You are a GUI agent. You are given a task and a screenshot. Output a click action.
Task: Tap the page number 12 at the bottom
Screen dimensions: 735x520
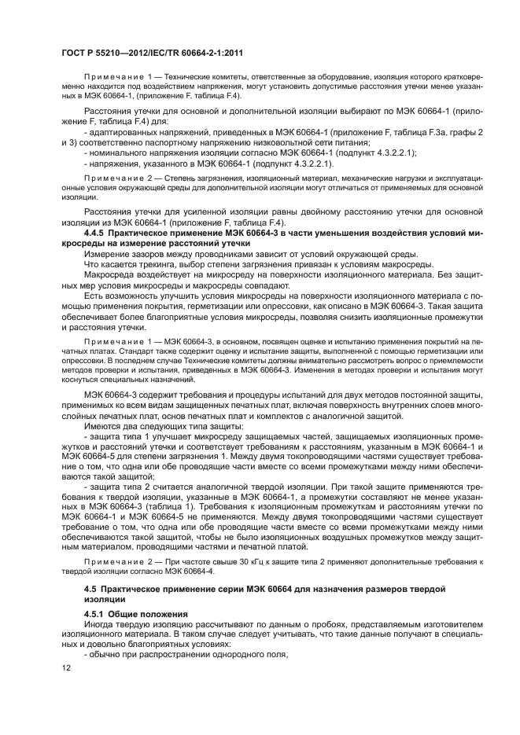(65, 667)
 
